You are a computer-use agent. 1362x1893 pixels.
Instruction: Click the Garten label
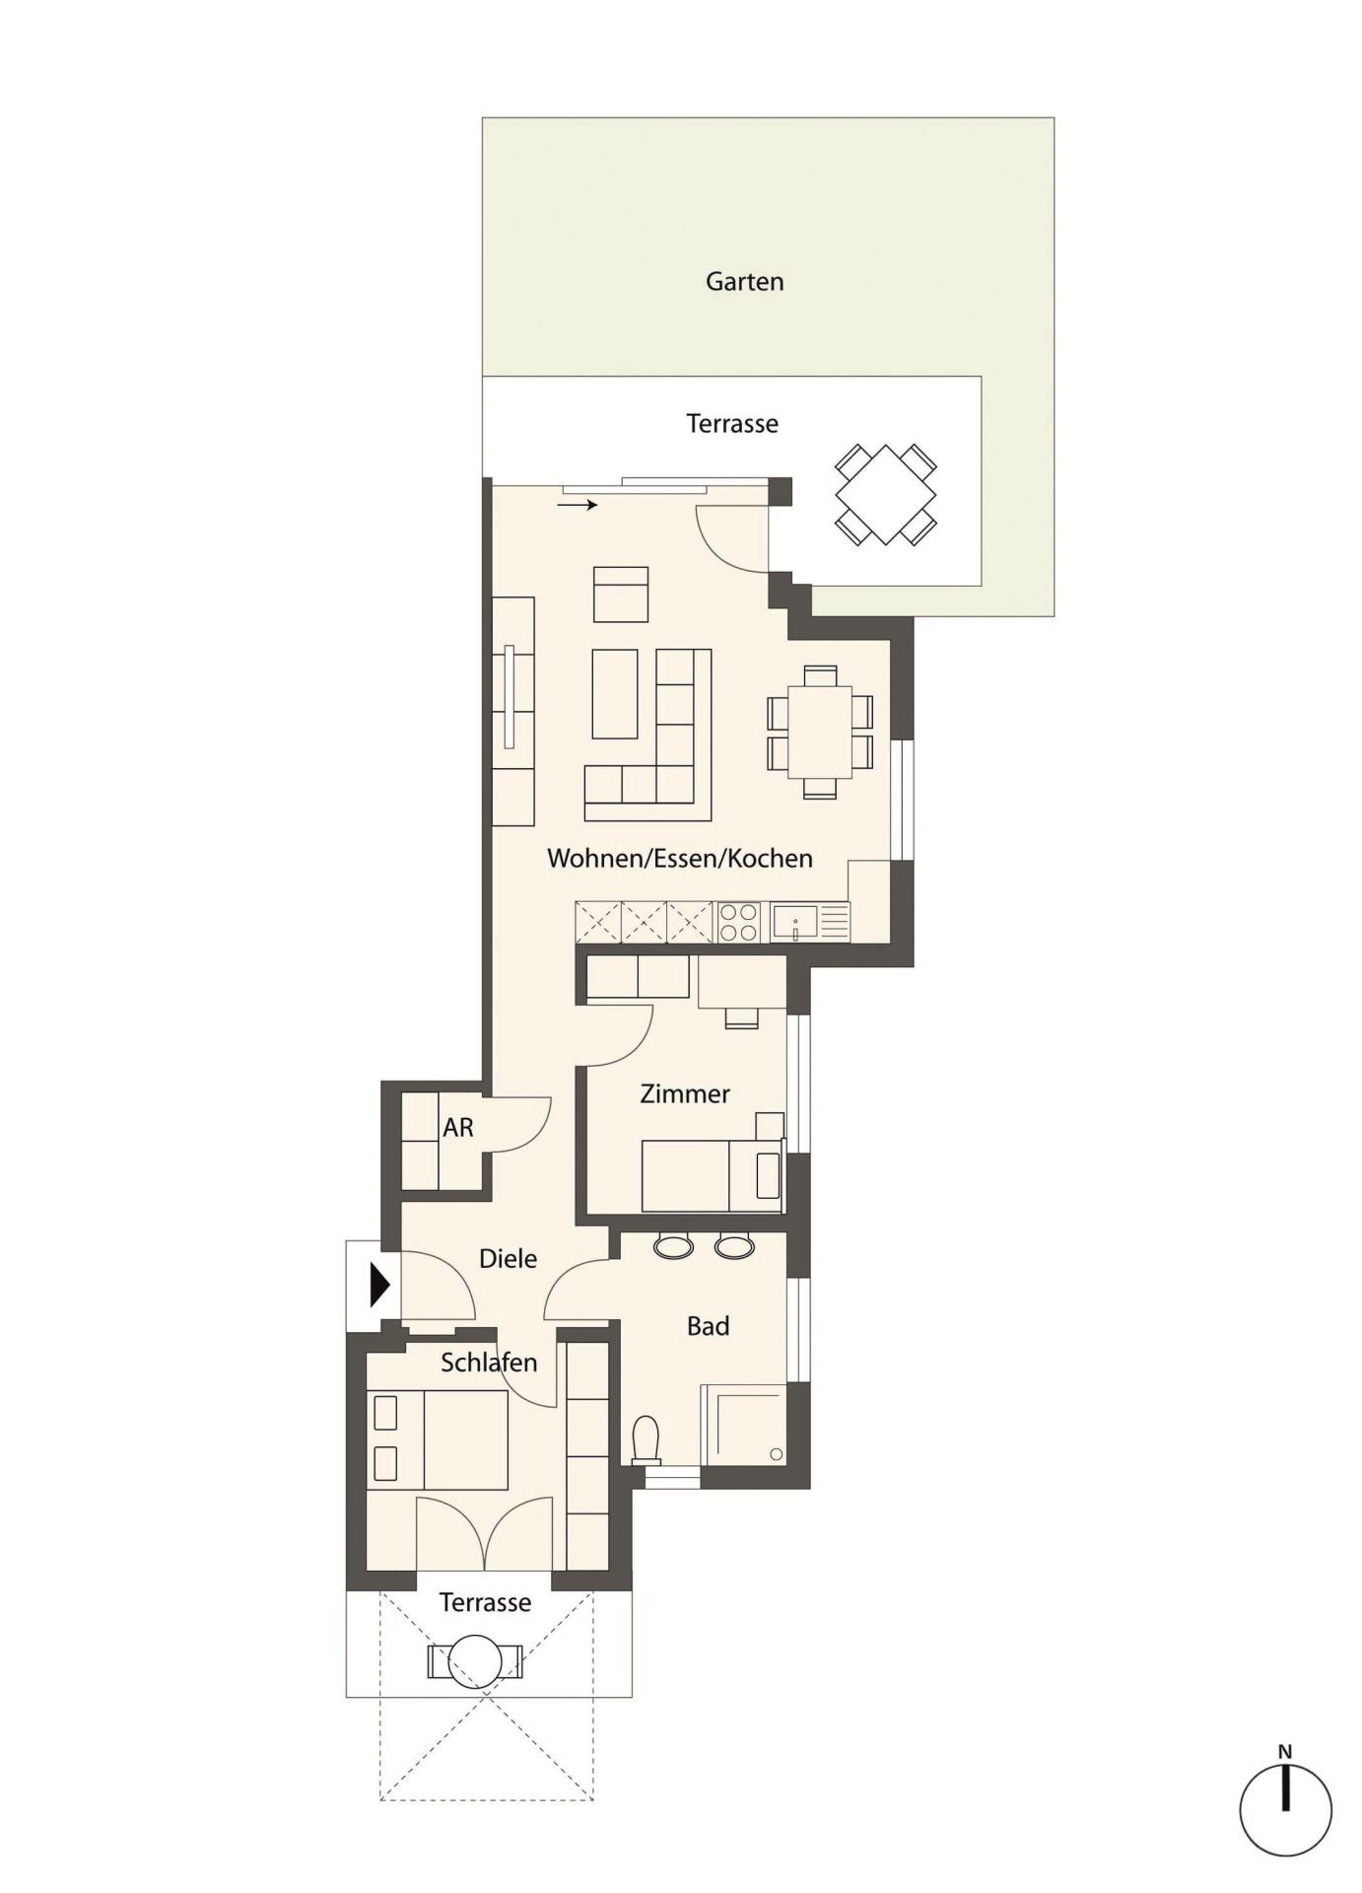point(744,282)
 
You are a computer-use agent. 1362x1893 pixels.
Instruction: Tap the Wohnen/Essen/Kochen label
point(680,858)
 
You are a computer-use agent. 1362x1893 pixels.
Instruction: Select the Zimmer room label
point(685,1093)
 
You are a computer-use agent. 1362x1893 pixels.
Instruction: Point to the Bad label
point(708,1326)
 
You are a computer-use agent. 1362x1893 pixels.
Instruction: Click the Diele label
point(508,1258)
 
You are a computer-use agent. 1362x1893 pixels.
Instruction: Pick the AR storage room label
point(458,1127)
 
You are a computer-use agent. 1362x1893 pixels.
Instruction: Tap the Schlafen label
point(489,1363)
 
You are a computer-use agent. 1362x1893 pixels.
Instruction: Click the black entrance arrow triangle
point(380,1286)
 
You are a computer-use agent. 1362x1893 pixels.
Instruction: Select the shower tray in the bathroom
point(744,1425)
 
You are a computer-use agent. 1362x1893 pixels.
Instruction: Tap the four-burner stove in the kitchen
point(738,923)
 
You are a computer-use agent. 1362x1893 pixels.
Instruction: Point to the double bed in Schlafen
point(439,1439)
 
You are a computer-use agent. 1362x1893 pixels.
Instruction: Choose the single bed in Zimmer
point(712,1175)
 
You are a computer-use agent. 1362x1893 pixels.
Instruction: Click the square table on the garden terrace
point(885,494)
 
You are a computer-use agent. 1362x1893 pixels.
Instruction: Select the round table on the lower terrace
point(476,1662)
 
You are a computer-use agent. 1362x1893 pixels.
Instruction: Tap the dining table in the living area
point(820,733)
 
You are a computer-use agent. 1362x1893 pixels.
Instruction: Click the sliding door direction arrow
point(578,506)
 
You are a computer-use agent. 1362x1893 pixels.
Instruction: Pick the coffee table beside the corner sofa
point(615,693)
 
